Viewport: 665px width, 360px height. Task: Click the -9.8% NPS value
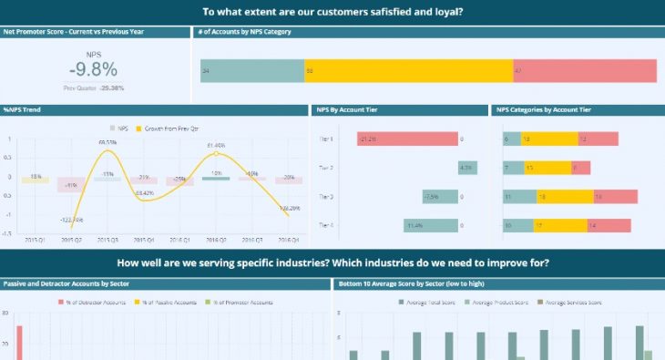pos(93,69)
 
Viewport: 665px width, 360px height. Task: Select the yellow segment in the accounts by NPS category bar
pos(407,71)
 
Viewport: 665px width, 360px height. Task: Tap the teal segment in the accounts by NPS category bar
pos(251,71)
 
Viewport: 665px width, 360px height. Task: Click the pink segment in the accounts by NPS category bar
pos(584,71)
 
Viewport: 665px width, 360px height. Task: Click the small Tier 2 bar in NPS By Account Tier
pos(466,168)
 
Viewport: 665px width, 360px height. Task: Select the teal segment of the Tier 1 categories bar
pos(512,139)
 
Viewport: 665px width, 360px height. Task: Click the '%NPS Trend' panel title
pos(23,109)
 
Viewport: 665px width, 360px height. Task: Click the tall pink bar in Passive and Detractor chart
pos(18,342)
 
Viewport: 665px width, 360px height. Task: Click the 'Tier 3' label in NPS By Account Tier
pos(326,197)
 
